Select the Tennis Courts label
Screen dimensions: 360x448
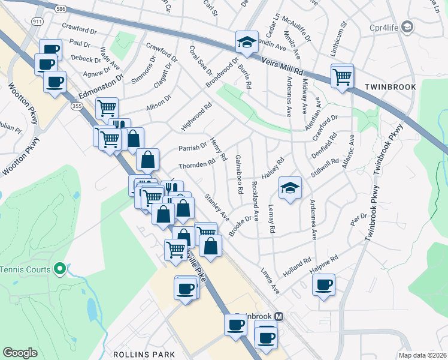pos(25,269)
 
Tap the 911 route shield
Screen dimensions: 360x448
pos(38,22)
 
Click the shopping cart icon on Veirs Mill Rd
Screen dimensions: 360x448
pos(342,76)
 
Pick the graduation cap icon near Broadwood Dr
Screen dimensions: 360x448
pos(246,42)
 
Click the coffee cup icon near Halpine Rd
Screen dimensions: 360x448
pos(324,285)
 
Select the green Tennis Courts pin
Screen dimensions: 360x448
pos(59,269)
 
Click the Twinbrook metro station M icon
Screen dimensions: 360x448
pos(279,316)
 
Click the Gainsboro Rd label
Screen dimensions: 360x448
pos(239,174)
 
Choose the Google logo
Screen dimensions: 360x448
pos(20,353)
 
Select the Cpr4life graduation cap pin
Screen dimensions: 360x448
pos(408,27)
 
